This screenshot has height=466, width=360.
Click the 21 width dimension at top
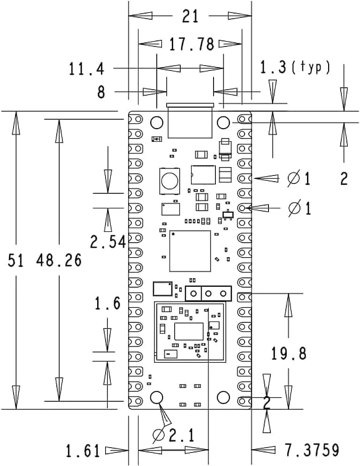(x=190, y=16)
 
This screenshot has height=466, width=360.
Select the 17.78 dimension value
(x=191, y=45)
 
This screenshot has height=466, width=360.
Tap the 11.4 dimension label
(x=86, y=69)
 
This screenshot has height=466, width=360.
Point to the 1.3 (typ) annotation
(x=295, y=68)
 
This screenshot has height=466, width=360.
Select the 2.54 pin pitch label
(x=108, y=242)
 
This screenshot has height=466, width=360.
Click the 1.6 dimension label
(x=108, y=304)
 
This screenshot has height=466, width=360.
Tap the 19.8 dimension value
(x=289, y=353)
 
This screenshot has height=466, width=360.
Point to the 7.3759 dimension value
(x=312, y=450)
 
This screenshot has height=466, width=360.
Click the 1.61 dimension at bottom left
(x=83, y=451)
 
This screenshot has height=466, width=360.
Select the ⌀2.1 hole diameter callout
(x=174, y=436)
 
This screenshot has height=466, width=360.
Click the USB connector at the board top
(x=190, y=121)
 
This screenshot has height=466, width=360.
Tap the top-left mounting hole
(x=156, y=123)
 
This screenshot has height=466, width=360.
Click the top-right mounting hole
(x=223, y=123)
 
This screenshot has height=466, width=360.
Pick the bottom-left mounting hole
(x=156, y=397)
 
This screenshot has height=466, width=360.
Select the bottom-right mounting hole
(x=223, y=397)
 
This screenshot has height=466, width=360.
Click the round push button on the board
(x=169, y=179)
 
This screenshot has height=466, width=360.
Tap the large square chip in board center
(x=190, y=251)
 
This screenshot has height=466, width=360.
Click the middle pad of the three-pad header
(x=208, y=294)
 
